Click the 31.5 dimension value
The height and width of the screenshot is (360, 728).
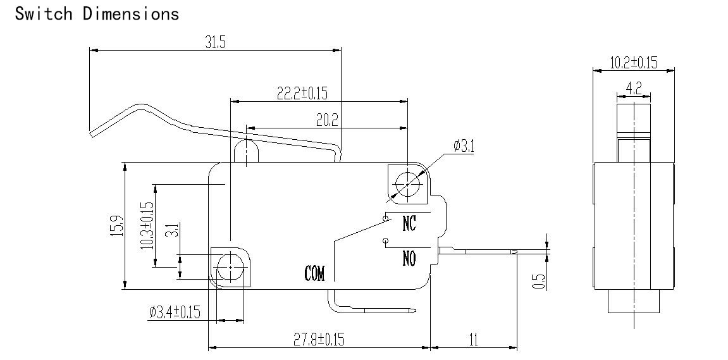pyautogui.click(x=216, y=42)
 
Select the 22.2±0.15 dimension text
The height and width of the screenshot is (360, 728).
pyautogui.click(x=302, y=94)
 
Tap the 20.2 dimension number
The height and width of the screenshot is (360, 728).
pyautogui.click(x=328, y=120)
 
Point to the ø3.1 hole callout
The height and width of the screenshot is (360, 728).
pyautogui.click(x=464, y=146)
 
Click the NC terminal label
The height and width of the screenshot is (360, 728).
pyautogui.click(x=409, y=224)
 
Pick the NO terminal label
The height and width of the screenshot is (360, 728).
pyautogui.click(x=409, y=258)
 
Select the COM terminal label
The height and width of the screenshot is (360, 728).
pyautogui.click(x=315, y=273)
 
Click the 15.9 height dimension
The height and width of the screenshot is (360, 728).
pyautogui.click(x=118, y=225)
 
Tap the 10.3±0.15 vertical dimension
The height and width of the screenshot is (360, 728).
pyautogui.click(x=147, y=225)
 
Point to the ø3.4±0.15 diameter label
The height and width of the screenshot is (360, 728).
pyautogui.click(x=175, y=312)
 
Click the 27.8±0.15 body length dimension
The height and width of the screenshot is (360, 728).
pyautogui.click(x=319, y=340)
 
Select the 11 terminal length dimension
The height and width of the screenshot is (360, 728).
pyautogui.click(x=474, y=340)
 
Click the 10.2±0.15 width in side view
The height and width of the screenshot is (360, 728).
pyautogui.click(x=633, y=63)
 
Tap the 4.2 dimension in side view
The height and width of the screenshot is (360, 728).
pyautogui.click(x=634, y=88)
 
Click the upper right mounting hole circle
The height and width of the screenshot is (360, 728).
pyautogui.click(x=407, y=184)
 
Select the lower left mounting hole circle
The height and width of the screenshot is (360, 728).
pyautogui.click(x=230, y=268)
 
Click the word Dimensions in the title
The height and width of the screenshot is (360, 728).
pyautogui.click(x=131, y=13)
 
